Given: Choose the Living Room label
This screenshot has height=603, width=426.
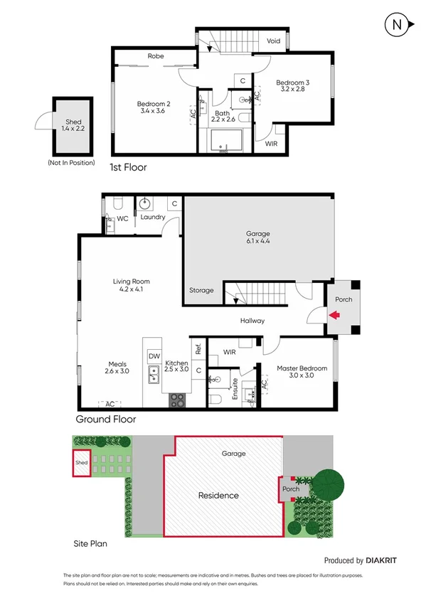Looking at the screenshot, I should [x=131, y=286].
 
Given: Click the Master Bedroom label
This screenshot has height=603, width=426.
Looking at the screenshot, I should [x=302, y=372].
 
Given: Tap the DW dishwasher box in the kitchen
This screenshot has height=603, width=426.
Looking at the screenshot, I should [x=154, y=355].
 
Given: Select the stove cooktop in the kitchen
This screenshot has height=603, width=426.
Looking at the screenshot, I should [x=176, y=400].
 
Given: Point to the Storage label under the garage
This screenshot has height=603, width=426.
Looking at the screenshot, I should [x=201, y=290].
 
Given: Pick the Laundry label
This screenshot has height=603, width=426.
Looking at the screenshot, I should [x=152, y=217].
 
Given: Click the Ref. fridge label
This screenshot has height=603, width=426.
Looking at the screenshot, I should [x=198, y=348].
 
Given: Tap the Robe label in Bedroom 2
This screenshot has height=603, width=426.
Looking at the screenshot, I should [x=156, y=55].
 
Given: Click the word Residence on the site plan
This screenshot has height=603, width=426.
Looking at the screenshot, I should [x=218, y=496].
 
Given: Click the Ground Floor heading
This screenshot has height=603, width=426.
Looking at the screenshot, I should [x=105, y=420].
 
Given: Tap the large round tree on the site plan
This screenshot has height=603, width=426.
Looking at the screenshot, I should [x=327, y=485].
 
